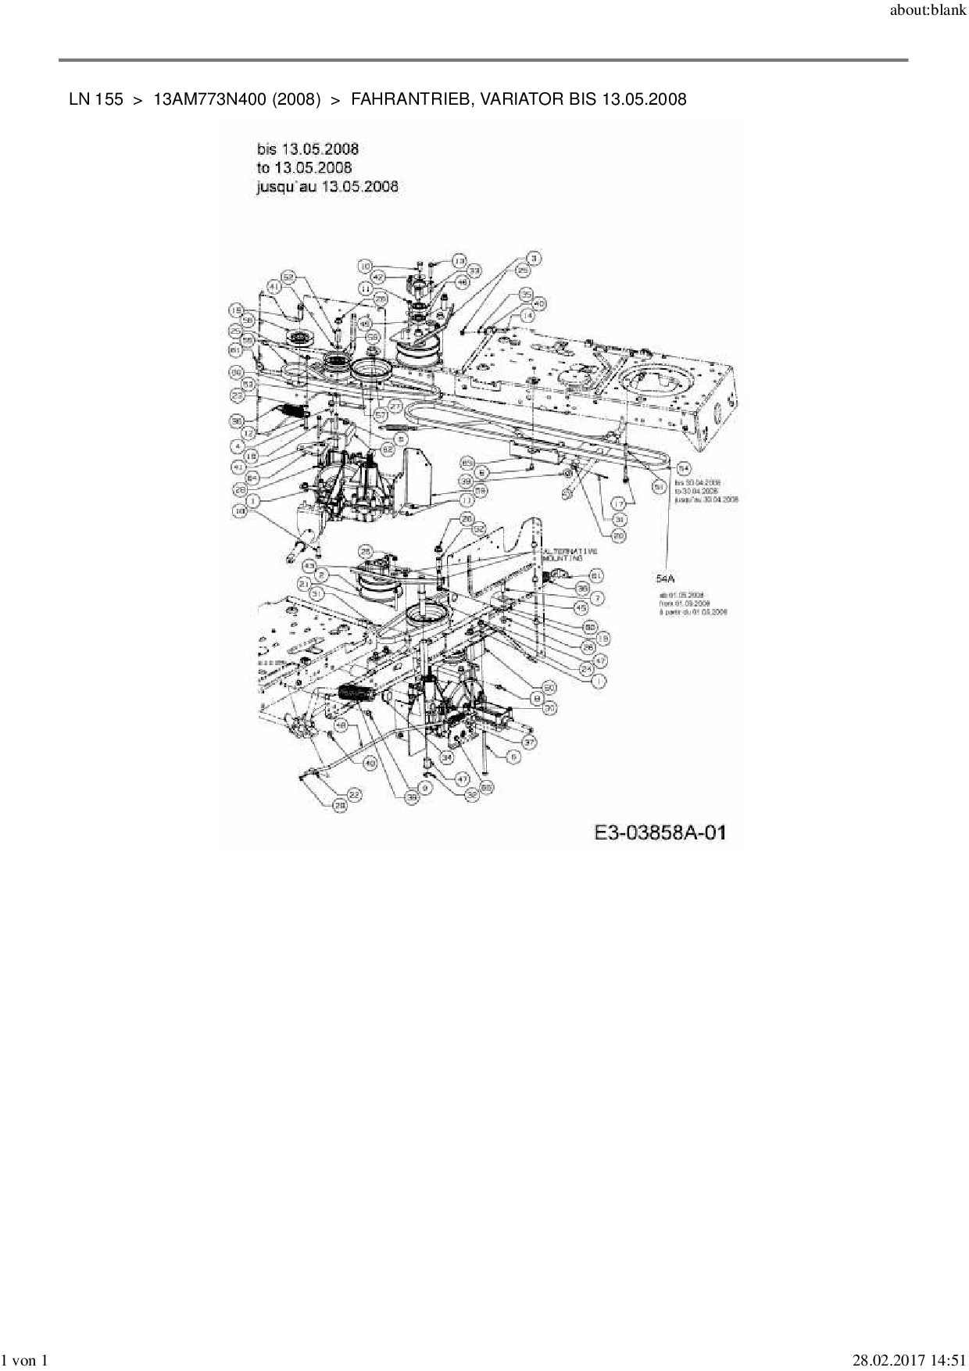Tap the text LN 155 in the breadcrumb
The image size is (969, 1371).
pos(95,99)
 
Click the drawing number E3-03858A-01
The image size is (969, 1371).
pos(660,832)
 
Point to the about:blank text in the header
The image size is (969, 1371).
pos(928,13)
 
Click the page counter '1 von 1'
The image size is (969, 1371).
pos(26,1361)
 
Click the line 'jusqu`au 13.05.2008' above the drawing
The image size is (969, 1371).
pos(327,186)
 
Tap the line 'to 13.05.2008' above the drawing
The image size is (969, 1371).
pos(304,167)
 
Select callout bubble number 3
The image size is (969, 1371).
pos(534,258)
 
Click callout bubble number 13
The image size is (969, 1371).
pos(459,260)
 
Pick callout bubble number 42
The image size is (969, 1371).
pos(378,277)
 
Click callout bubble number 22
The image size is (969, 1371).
pos(354,794)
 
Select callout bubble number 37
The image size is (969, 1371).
pos(529,742)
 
